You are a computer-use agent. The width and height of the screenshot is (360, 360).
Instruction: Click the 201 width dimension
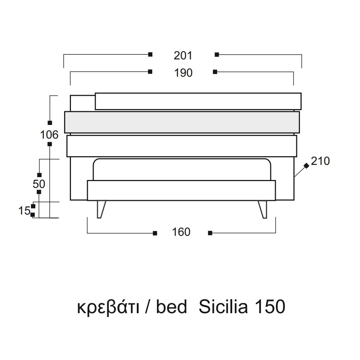pyautogui.click(x=183, y=55)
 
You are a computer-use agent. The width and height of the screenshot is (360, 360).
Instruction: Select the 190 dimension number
pyautogui.click(x=183, y=73)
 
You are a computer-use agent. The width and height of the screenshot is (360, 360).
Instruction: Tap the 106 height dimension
pyautogui.click(x=49, y=135)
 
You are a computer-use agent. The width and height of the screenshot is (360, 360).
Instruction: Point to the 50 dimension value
pyautogui.click(x=39, y=184)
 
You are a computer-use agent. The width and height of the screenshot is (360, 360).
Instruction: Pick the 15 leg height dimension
pyautogui.click(x=24, y=211)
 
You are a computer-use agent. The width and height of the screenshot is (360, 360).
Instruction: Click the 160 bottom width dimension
pyautogui.click(x=181, y=232)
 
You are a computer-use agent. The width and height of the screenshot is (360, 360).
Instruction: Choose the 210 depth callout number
pyautogui.click(x=320, y=161)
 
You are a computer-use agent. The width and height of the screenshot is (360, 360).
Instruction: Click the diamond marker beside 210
pyautogui.click(x=306, y=166)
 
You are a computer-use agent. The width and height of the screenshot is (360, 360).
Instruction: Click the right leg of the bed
pyautogui.click(x=263, y=209)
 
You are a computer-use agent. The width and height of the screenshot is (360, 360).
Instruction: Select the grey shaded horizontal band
pyautogui.click(x=182, y=122)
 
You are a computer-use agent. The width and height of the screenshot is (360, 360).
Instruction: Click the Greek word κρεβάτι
pyautogui.click(x=108, y=307)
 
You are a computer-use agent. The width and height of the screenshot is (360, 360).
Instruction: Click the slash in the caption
pyautogui.click(x=148, y=307)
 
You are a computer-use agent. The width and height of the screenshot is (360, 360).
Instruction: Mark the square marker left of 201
pyautogui.click(x=150, y=54)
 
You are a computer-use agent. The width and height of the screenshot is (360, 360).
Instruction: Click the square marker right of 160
pyautogui.click(x=210, y=233)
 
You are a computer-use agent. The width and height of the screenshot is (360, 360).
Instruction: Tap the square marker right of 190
pyautogui.click(x=215, y=72)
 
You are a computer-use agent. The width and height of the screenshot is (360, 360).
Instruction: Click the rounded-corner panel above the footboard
pyautogui.click(x=182, y=170)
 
